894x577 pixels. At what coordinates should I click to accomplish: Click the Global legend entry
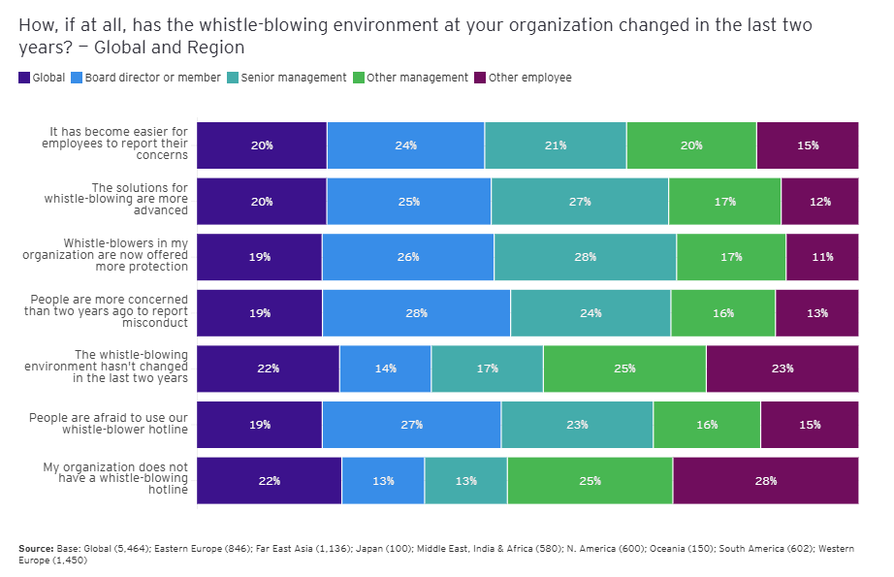42,78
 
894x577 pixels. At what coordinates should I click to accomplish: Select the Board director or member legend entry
146,78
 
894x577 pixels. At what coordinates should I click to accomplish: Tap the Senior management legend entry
286,78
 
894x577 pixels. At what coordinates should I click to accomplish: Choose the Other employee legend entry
523,78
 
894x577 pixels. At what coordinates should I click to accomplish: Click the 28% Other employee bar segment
765,481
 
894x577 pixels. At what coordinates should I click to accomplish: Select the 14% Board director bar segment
385,369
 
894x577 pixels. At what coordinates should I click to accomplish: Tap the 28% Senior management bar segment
585,257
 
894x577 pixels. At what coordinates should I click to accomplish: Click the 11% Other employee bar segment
821,257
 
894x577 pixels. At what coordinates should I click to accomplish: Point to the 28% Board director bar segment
416,313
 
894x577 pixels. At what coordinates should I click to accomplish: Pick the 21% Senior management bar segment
555,145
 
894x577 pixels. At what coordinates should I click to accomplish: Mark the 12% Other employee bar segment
819,202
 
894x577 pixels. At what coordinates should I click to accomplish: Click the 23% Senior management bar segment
577,425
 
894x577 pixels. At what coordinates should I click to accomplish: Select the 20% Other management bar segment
690,145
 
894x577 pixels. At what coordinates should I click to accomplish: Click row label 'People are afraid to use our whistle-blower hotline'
109,424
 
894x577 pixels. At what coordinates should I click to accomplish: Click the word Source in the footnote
35,549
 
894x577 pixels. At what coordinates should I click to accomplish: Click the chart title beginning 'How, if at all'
415,36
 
